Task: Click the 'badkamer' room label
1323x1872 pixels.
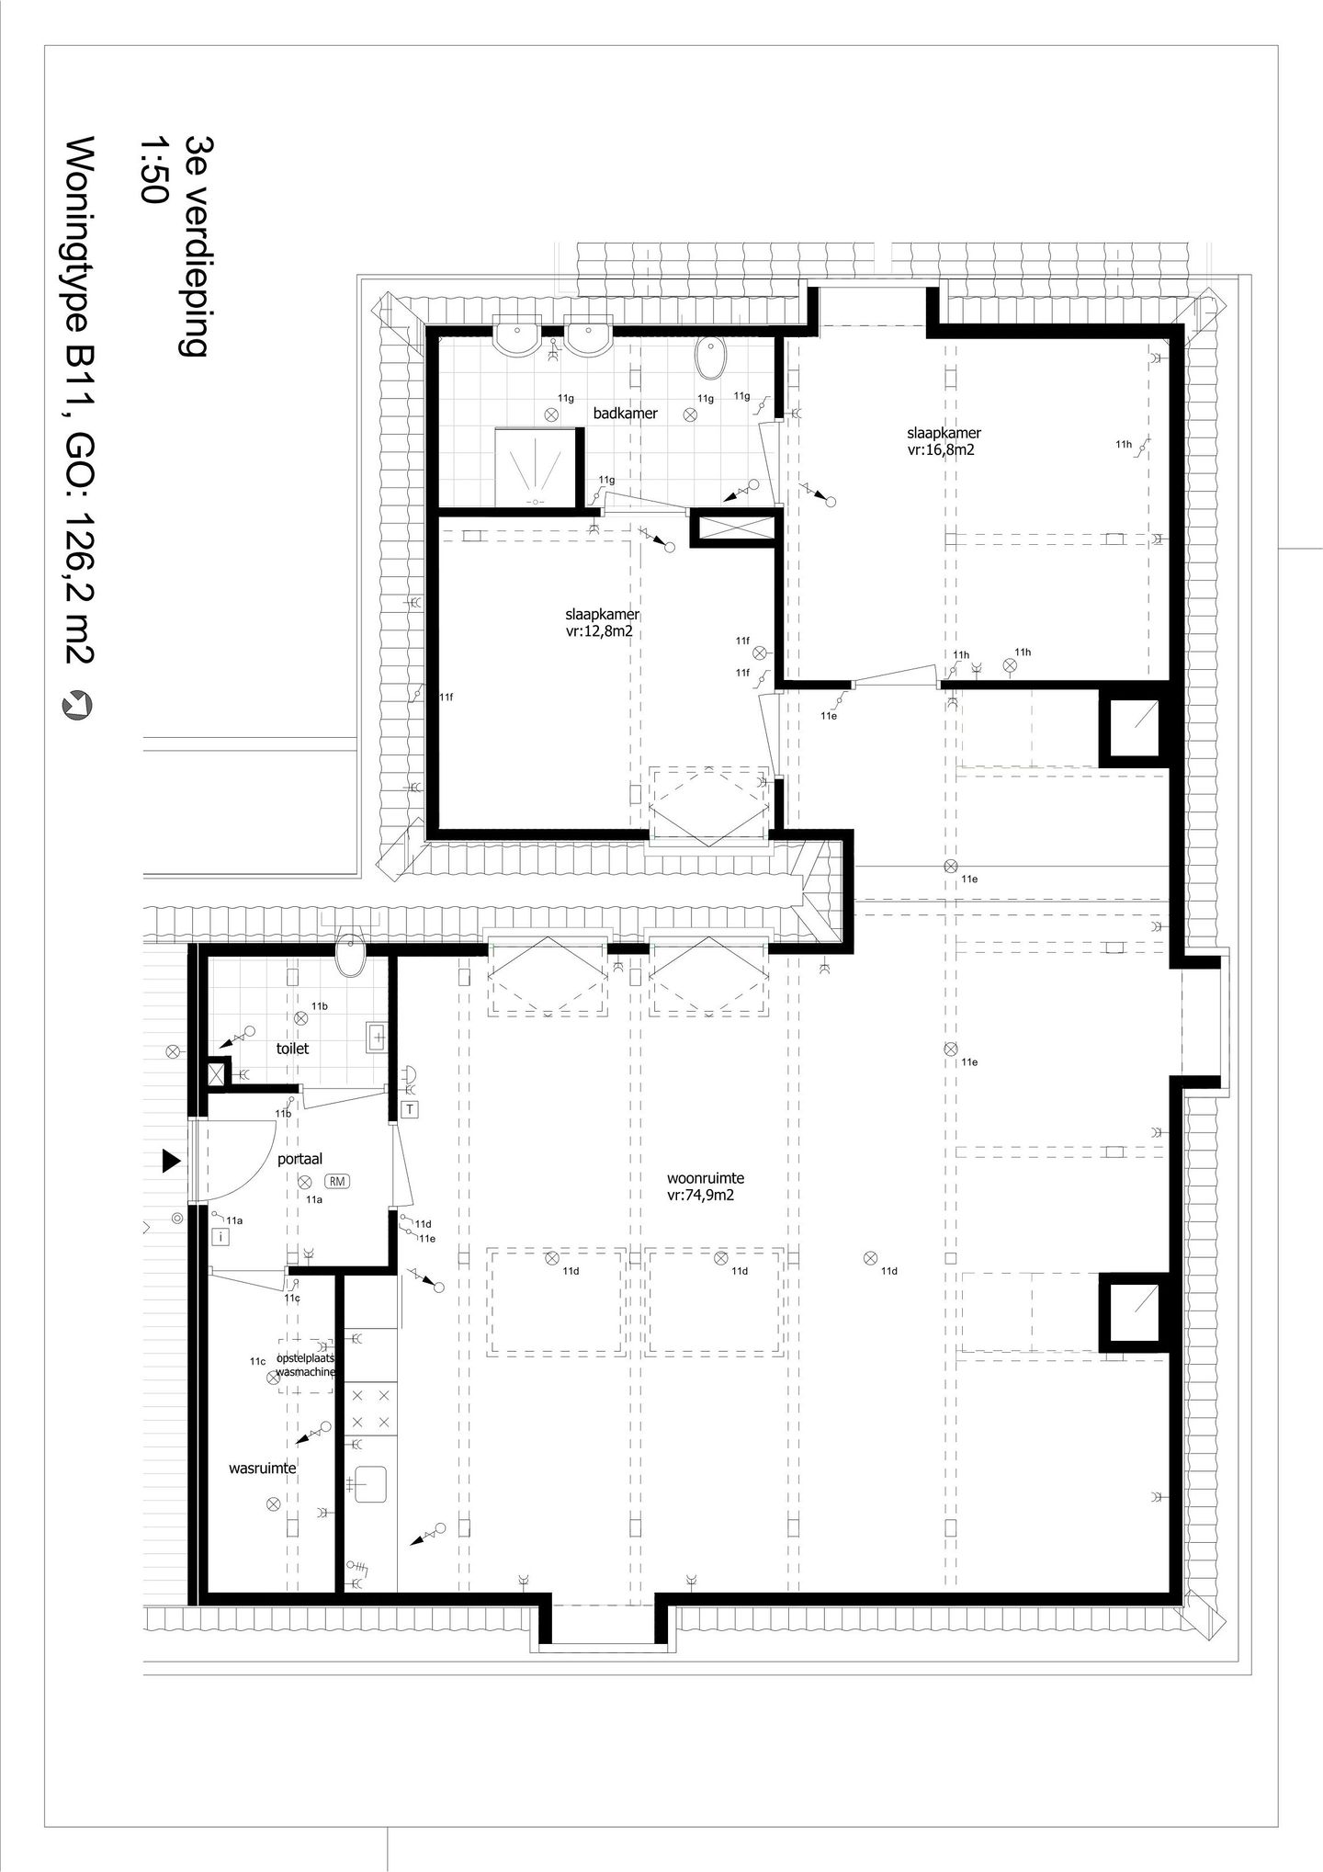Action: [x=625, y=414]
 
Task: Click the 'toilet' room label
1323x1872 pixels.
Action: [x=293, y=1049]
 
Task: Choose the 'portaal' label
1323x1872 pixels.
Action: [x=300, y=1160]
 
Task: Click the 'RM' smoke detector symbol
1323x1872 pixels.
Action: [x=337, y=1182]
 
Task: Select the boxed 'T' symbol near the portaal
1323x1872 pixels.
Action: [x=410, y=1109]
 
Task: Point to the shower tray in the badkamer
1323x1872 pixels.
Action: [x=534, y=466]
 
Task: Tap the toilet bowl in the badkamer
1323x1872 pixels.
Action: [x=709, y=358]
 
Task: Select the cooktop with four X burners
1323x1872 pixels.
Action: [x=371, y=1407]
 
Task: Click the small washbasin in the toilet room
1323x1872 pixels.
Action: [x=378, y=1038]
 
